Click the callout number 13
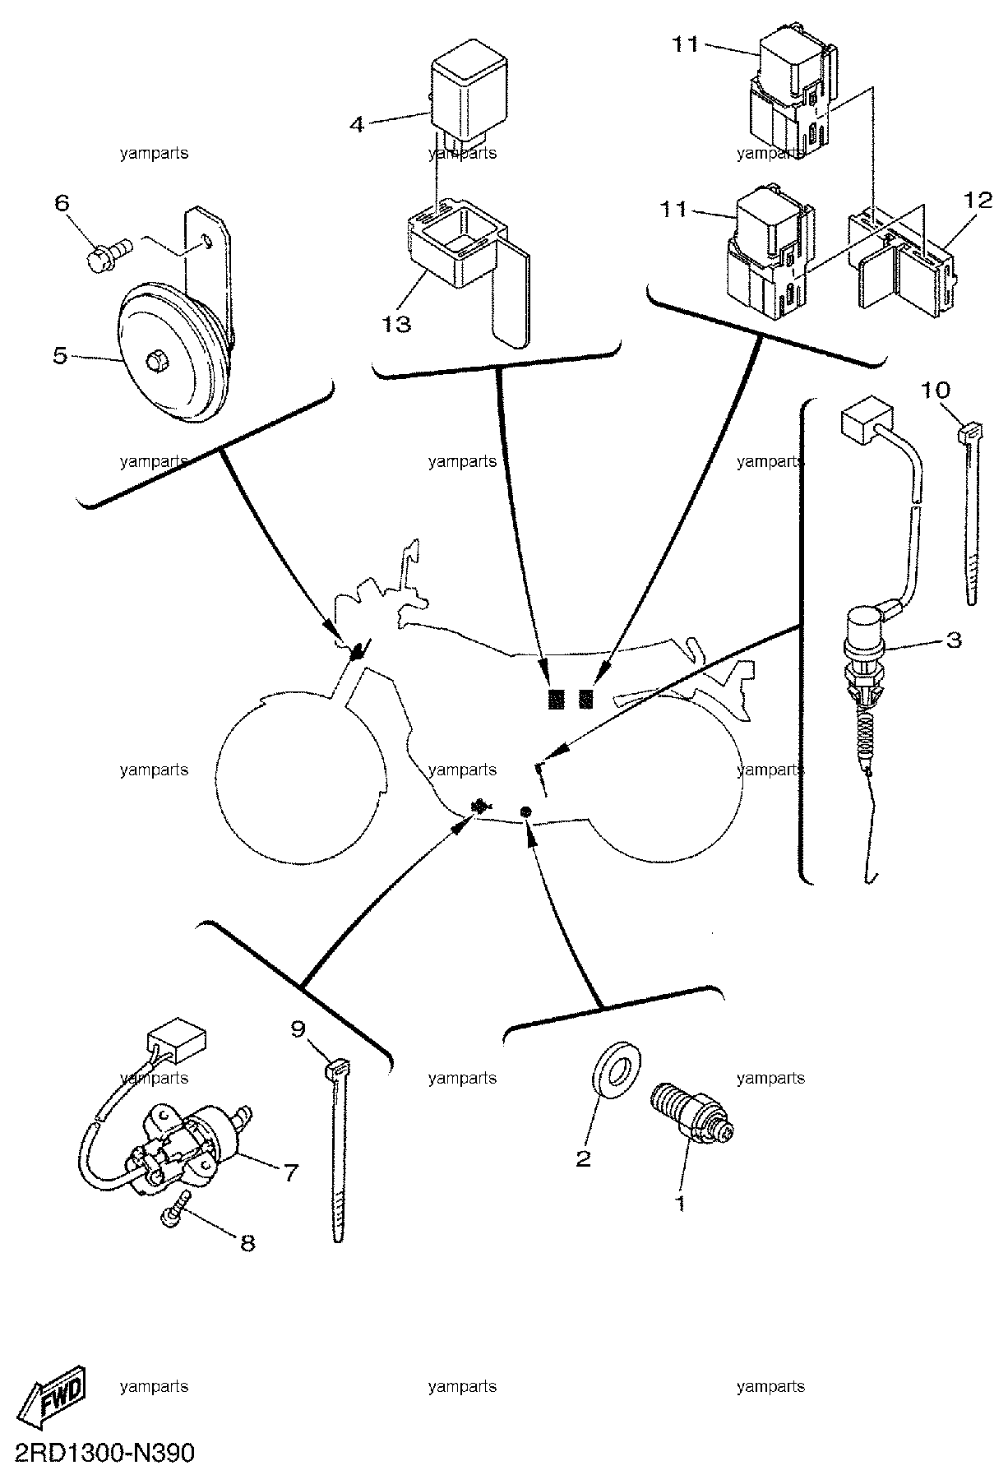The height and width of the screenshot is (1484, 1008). coord(395,324)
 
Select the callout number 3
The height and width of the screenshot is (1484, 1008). coord(953,640)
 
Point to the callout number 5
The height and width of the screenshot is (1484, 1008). coord(60,358)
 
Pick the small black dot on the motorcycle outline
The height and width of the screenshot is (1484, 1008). coord(526,812)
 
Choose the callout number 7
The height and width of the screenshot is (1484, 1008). coord(290,1173)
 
